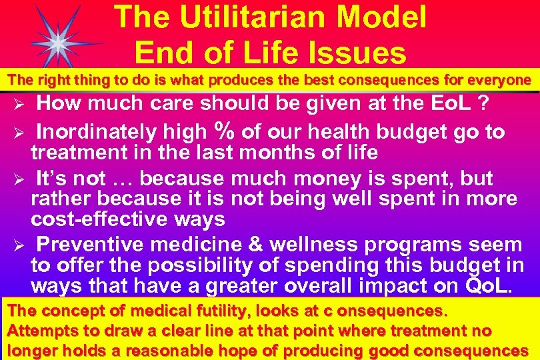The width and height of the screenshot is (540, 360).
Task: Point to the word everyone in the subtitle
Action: click(495, 81)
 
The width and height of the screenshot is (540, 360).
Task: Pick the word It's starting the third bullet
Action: click(53, 179)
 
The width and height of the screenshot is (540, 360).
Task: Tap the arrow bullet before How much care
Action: click(19, 105)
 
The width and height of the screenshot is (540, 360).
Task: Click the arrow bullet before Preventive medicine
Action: click(19, 246)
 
